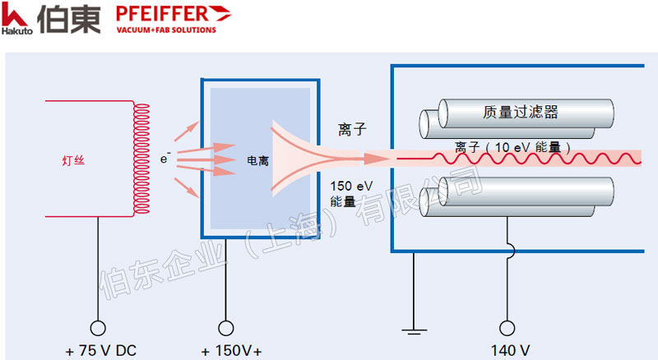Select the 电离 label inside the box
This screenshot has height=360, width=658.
(257, 161)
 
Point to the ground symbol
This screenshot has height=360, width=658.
(411, 330)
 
